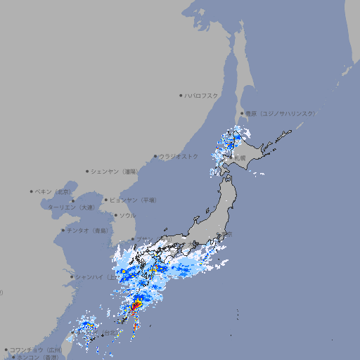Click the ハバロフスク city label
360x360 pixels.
coord(202,95)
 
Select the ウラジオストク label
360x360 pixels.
coord(179,156)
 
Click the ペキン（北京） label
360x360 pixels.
coord(54,191)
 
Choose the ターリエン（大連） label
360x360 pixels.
coord(71,207)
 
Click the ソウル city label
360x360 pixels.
coord(127,215)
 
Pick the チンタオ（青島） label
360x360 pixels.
coord(88,230)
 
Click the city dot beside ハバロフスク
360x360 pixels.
coord(181,95)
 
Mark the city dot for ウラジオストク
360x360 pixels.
coord(155,156)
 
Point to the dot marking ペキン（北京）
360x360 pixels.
coord(32,191)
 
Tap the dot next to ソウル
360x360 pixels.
coord(115,215)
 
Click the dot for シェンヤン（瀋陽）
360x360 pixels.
coord(88,171)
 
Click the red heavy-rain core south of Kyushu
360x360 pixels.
coord(135,307)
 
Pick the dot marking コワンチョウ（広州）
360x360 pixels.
coord(6,349)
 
